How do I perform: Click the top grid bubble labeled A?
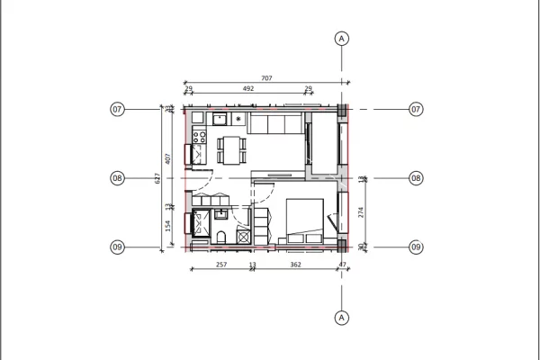point(341,38)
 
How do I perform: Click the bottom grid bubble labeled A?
point(341,317)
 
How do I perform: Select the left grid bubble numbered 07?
point(117,109)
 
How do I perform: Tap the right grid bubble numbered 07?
point(416,109)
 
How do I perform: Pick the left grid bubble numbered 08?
point(117,178)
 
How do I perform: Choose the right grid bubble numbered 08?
point(416,178)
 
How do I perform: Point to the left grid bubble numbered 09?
point(117,247)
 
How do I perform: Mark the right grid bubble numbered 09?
point(416,247)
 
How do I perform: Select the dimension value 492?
point(246,89)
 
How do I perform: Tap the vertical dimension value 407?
point(168,158)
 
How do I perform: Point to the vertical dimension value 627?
point(157,178)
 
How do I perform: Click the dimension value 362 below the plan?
point(295,265)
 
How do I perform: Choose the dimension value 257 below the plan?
point(221,265)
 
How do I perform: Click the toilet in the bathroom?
point(221,237)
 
